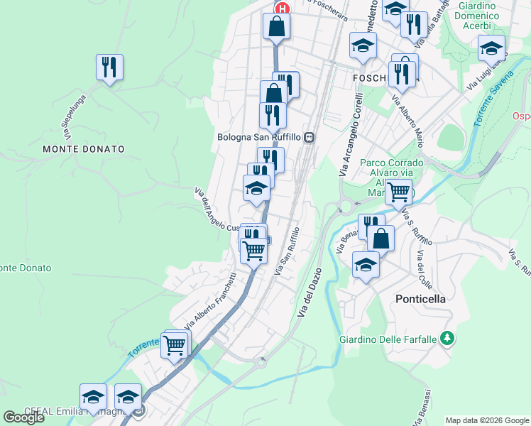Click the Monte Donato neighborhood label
(x=83, y=149)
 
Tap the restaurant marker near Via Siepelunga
(x=109, y=67)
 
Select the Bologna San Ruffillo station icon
(x=309, y=137)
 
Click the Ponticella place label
(x=420, y=299)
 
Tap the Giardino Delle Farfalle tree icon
(x=447, y=337)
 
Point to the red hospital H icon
(x=283, y=9)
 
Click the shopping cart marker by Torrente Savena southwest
(x=174, y=346)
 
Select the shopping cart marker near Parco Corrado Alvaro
(x=398, y=190)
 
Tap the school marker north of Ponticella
(x=366, y=264)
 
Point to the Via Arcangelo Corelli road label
(x=351, y=135)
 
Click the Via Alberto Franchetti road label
(x=210, y=302)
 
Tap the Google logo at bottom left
(x=23, y=417)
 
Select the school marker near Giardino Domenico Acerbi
(x=491, y=48)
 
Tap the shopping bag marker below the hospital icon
(x=276, y=27)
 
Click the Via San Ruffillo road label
(x=287, y=253)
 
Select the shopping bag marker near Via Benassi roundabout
(x=381, y=239)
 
